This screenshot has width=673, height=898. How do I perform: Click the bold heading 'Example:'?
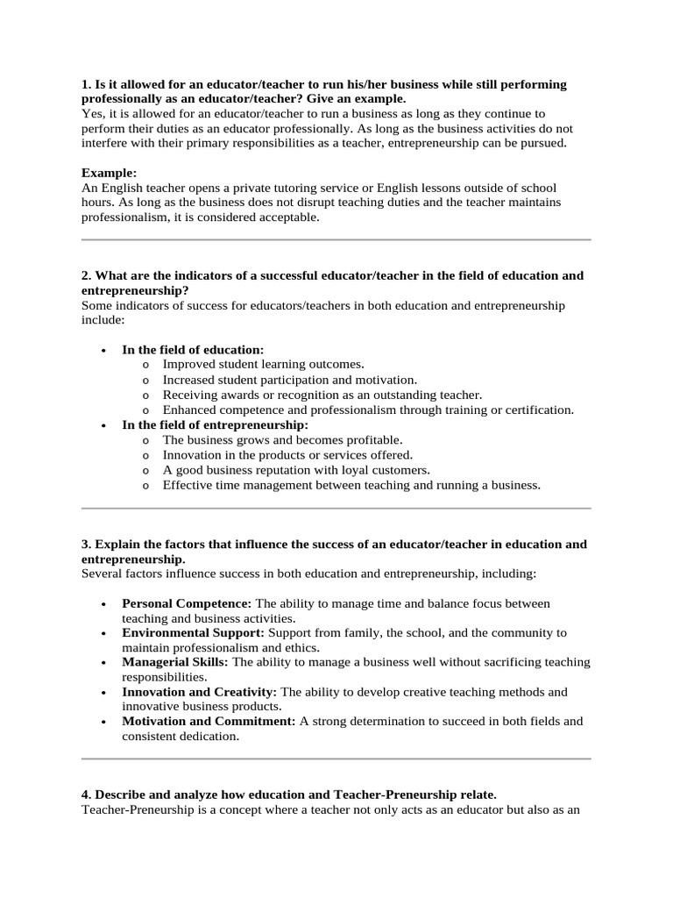(109, 173)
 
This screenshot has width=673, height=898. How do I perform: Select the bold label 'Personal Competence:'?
(187, 604)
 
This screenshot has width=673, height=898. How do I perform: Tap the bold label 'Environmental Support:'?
(193, 632)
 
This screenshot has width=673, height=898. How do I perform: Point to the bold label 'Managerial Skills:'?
(175, 662)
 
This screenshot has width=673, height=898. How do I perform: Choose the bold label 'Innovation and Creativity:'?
(199, 692)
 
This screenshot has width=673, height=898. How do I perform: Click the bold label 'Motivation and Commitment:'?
(209, 721)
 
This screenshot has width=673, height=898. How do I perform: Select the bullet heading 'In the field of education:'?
(193, 350)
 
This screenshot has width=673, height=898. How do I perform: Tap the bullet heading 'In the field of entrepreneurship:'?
(216, 424)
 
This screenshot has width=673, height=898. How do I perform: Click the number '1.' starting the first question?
(86, 84)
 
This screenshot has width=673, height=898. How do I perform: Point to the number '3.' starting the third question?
(86, 545)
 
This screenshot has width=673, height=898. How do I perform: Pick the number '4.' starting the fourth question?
(86, 795)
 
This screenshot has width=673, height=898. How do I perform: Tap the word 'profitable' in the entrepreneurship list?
(372, 439)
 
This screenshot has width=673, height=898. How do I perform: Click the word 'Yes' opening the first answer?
(91, 114)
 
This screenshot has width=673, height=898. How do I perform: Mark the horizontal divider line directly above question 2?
(336, 239)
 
